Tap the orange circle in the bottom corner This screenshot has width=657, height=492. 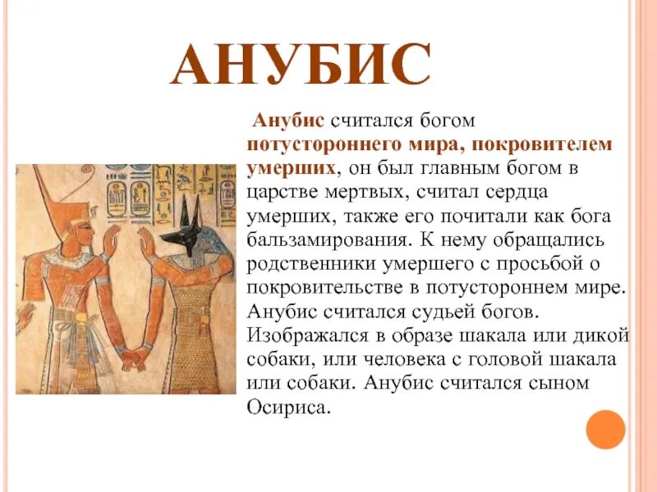(x=605, y=429)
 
